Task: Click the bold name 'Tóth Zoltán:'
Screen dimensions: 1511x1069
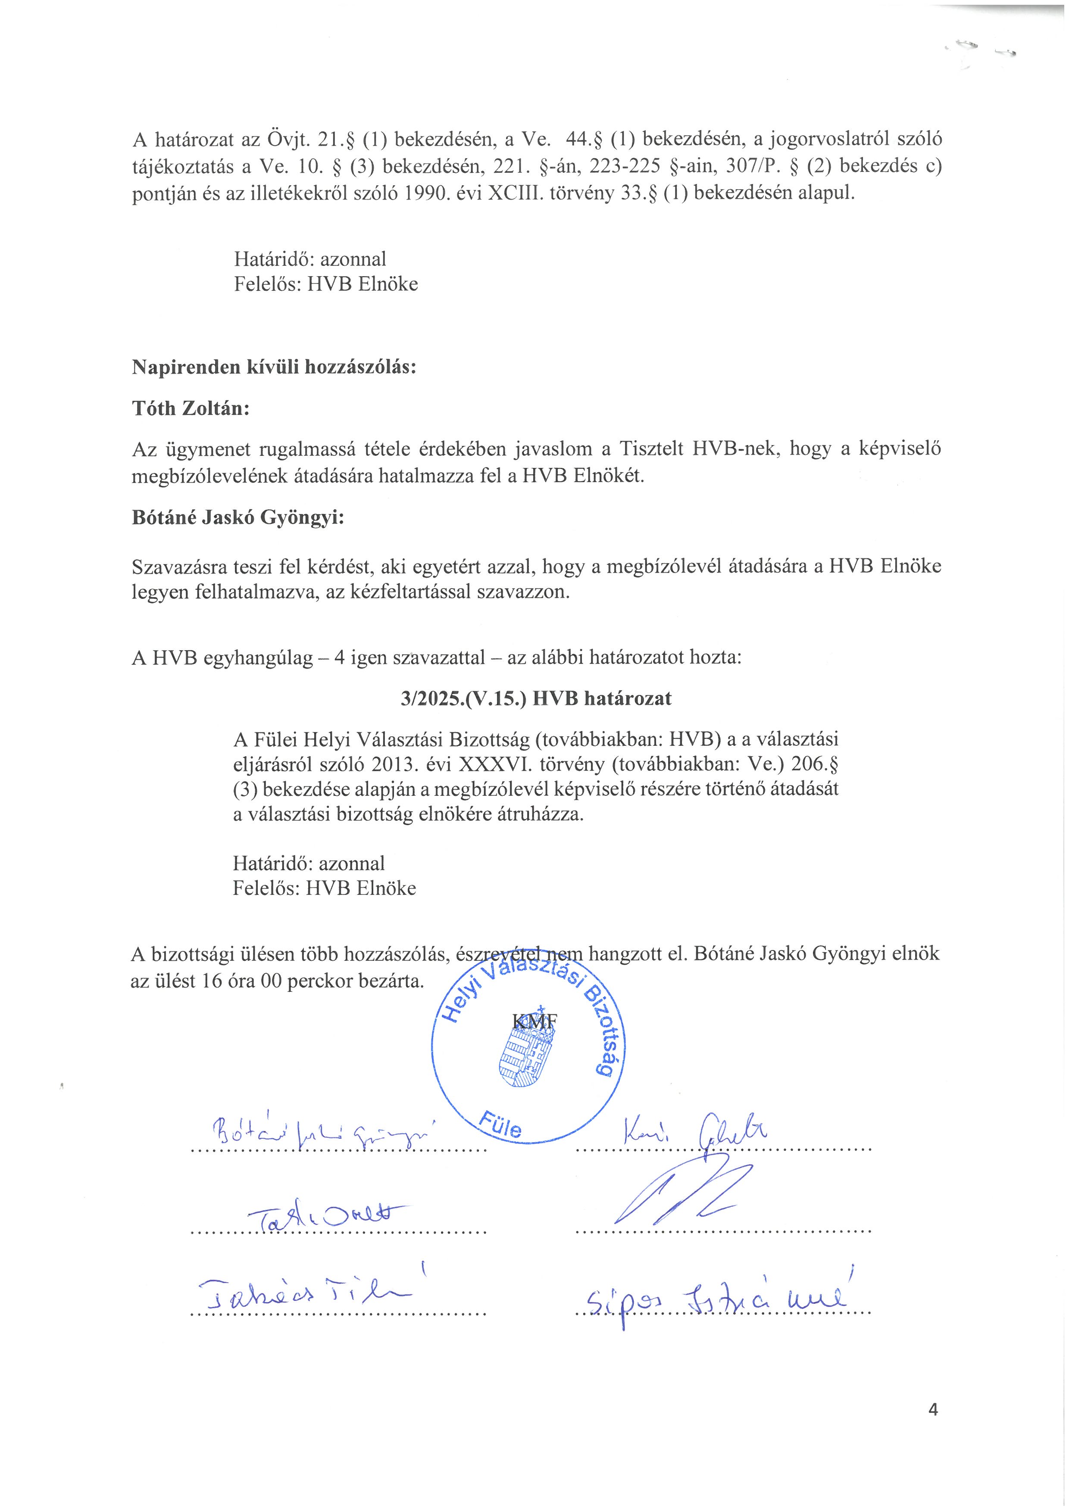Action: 191,409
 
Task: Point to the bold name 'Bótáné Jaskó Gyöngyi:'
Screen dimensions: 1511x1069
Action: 238,518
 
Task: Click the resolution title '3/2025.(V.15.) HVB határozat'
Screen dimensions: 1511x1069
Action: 536,699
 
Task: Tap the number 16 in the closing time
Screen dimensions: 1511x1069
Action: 212,981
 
